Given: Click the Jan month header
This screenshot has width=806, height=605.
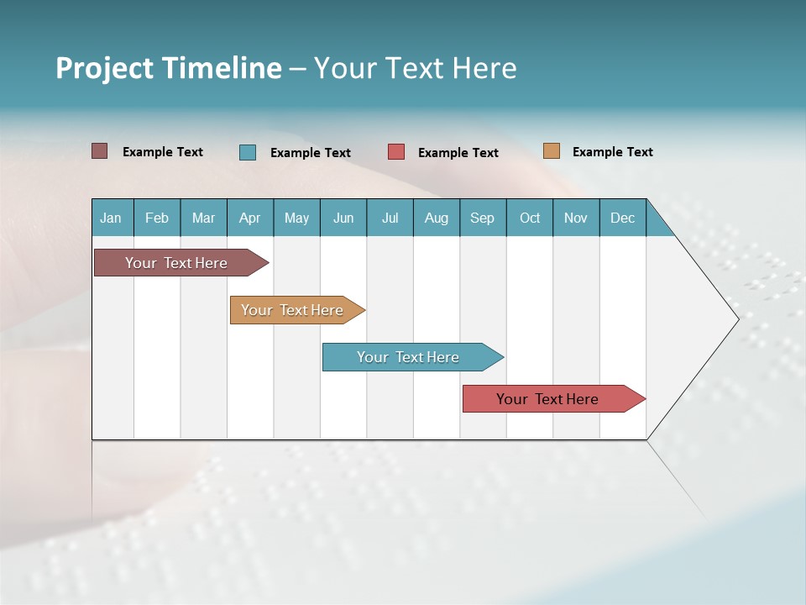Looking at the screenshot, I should pyautogui.click(x=111, y=218).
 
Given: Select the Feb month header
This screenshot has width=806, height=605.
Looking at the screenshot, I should pyautogui.click(x=157, y=218).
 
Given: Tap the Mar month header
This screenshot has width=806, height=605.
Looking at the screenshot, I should pyautogui.click(x=203, y=218).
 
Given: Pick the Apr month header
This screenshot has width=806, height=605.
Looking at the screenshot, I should pyautogui.click(x=249, y=218).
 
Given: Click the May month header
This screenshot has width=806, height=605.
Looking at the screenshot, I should pyautogui.click(x=296, y=218).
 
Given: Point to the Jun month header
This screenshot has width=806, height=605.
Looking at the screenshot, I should pyautogui.click(x=343, y=218).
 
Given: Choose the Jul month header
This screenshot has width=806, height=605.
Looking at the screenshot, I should pyautogui.click(x=390, y=218).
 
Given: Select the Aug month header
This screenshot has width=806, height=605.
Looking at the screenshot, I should pyautogui.click(x=436, y=218).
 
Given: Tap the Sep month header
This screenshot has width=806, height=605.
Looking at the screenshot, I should pyautogui.click(x=482, y=218).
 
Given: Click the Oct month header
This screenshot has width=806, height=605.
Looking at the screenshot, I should pyautogui.click(x=530, y=218).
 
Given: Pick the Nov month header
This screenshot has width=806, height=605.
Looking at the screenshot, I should pyautogui.click(x=576, y=218).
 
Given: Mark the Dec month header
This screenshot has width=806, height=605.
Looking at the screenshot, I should pyautogui.click(x=622, y=218).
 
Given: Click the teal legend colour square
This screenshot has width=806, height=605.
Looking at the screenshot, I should pyautogui.click(x=248, y=152).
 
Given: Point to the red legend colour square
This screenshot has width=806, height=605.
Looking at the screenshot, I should pyautogui.click(x=396, y=152).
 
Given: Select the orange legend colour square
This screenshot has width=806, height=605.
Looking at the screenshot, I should pyautogui.click(x=552, y=151).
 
